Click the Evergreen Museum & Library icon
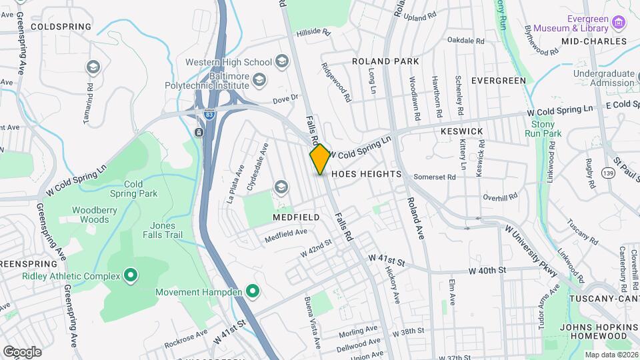[x=620, y=24]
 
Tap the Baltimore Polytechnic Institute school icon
[x=259, y=80]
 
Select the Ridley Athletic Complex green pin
[x=131, y=275]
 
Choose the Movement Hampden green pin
[x=252, y=291]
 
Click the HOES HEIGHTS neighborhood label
[x=365, y=174]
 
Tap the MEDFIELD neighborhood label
[x=295, y=217]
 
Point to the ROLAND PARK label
[x=385, y=61]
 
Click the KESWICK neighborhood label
[x=461, y=132]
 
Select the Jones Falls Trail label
[x=163, y=230]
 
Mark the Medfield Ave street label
[x=285, y=233]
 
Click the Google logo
[x=22, y=351]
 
